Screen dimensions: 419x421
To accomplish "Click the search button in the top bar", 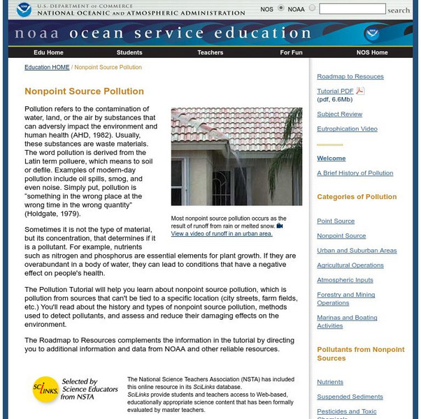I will coord(399,10).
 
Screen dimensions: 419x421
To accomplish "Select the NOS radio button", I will coord(281,8).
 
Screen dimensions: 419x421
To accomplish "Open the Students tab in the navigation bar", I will coord(129,52).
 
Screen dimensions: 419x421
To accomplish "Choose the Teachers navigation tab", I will coord(210,52).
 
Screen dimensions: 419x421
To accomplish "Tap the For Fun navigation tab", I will coord(291,52).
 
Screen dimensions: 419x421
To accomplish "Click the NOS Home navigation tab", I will coord(372,52).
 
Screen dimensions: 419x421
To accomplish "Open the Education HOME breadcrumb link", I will coord(47,68).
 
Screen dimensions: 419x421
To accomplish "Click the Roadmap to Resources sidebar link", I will coord(350,77).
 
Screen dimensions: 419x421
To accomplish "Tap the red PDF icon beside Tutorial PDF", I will coord(360,91).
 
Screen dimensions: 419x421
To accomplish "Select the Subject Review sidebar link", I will coord(339,115).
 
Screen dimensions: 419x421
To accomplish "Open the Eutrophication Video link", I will coord(347,129).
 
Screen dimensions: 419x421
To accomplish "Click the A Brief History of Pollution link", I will coord(355,173).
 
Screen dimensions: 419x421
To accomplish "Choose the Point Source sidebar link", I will coord(336,221).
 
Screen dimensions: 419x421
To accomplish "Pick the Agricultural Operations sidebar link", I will coord(350,265).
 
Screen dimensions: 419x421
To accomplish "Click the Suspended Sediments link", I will coord(350,397).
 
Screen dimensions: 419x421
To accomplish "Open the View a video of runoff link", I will coord(222,234).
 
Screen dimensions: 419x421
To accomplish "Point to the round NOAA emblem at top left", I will coord(23,9).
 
